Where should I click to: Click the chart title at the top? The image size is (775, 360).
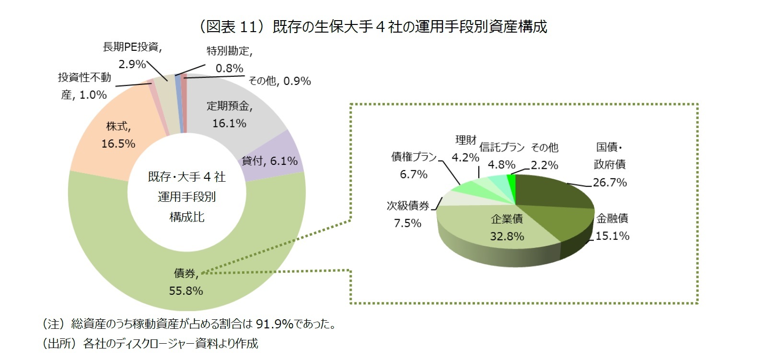373,26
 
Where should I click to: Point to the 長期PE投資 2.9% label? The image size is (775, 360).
132,55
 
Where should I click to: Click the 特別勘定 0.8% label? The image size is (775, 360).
229,59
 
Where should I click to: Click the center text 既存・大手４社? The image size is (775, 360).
186,177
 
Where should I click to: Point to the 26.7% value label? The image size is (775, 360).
610,182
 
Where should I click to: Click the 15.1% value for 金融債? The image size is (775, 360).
612,236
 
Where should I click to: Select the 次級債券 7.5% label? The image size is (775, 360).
408,214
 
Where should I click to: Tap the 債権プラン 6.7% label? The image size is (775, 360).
414,165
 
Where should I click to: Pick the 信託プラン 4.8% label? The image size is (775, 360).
502,156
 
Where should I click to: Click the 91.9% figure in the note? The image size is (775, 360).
274,324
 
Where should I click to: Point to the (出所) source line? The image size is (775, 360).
150,344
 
